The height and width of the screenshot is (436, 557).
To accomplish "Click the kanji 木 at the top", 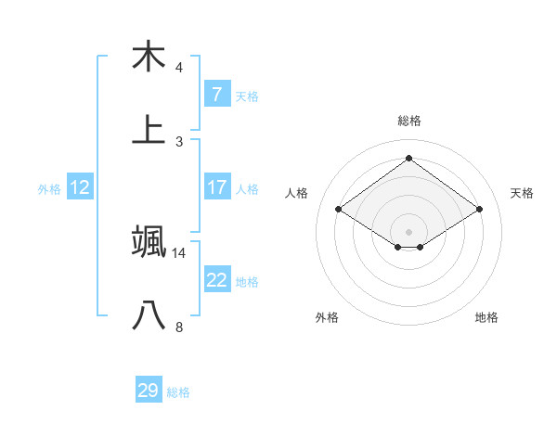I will pyautogui.click(x=149, y=57).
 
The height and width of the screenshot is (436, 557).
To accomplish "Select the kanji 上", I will pyautogui.click(x=149, y=131).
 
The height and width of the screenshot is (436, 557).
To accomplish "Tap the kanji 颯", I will pyautogui.click(x=149, y=241).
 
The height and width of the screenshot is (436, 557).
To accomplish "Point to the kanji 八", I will pyautogui.click(x=149, y=316).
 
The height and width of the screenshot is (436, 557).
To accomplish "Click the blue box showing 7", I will pyautogui.click(x=216, y=94).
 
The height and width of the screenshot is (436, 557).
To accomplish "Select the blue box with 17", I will pyautogui.click(x=216, y=186).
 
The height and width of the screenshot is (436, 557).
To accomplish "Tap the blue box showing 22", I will pyautogui.click(x=216, y=280).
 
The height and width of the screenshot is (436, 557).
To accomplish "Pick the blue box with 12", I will pyautogui.click(x=80, y=187).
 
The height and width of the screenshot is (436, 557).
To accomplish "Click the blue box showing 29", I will pyautogui.click(x=149, y=391).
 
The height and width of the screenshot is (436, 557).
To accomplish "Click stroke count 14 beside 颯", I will pyautogui.click(x=179, y=252).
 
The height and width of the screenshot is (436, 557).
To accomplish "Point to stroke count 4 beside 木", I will pyautogui.click(x=179, y=68).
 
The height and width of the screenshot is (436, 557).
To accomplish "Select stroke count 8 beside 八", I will pyautogui.click(x=179, y=327).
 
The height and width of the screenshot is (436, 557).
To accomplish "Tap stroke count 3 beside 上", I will pyautogui.click(x=179, y=142).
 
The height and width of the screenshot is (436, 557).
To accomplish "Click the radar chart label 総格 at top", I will pyautogui.click(x=408, y=121).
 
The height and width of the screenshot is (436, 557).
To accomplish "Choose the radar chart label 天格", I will pyautogui.click(x=522, y=193).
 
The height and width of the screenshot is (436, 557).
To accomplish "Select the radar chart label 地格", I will pyautogui.click(x=486, y=317).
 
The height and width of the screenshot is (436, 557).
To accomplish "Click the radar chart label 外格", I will pyautogui.click(x=327, y=317).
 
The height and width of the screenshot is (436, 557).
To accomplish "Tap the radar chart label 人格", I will pyautogui.click(x=297, y=193).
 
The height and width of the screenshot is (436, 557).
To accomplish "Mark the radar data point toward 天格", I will pyautogui.click(x=479, y=210).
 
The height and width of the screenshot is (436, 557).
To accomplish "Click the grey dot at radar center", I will pyautogui.click(x=408, y=231).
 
